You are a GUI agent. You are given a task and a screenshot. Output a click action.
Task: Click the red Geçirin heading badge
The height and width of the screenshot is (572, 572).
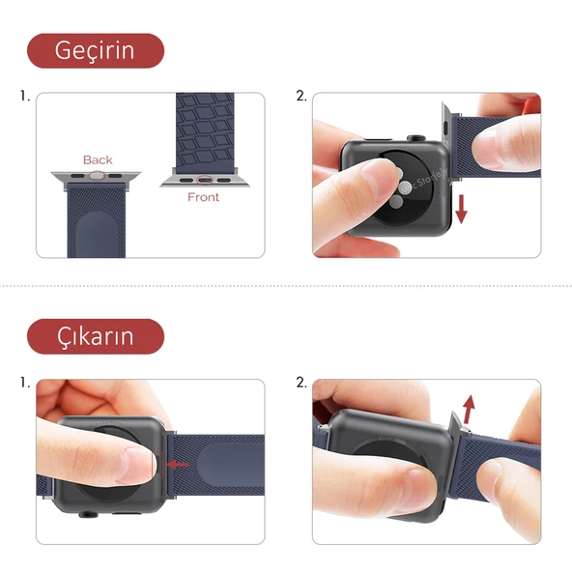click(95, 50)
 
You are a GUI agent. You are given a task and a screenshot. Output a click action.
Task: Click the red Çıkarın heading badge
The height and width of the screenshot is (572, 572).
click(95, 336)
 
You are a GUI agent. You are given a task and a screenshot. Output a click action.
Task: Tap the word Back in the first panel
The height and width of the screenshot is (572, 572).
click(98, 159)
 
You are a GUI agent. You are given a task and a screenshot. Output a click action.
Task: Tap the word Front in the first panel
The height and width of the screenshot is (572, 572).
click(203, 197)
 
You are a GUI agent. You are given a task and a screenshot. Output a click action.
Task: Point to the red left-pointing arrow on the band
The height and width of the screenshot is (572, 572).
click(178, 464)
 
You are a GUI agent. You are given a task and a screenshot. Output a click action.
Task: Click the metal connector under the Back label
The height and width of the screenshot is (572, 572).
click(96, 177)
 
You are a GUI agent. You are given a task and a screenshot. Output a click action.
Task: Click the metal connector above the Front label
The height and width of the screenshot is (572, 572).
click(203, 179)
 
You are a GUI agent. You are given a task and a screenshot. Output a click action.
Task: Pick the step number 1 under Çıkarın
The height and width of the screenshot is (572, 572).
click(24, 383)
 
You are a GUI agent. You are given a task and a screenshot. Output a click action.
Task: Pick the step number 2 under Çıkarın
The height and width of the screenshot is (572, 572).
click(300, 383)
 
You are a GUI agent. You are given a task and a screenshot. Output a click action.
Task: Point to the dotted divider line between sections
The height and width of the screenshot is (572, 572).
click(286, 286)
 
